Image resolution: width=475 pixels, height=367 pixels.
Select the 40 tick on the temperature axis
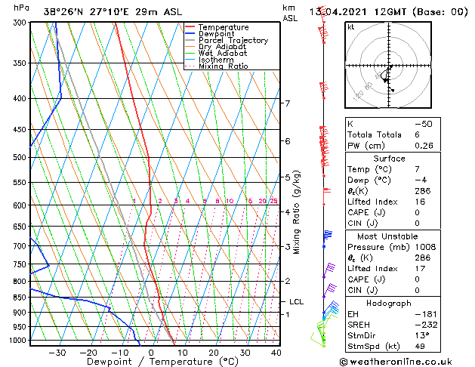[x=276, y=353]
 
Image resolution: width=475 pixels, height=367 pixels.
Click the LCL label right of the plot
[x=297, y=302]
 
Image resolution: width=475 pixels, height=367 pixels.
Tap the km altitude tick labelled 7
[x=287, y=103]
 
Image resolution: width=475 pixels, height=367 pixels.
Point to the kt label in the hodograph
[x=351, y=27]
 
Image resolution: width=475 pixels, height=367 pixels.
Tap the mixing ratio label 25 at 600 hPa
[x=273, y=201]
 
